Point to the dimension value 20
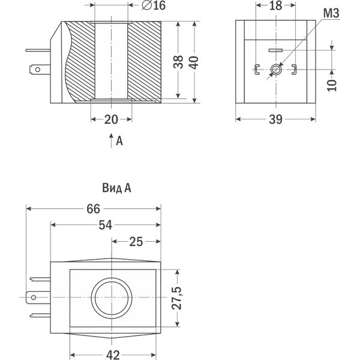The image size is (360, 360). (x=111, y=119)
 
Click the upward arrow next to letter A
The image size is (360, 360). (x=110, y=141)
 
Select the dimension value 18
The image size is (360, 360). (x=275, y=7)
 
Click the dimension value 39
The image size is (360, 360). (x=275, y=119)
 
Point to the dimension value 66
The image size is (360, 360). (x=93, y=209)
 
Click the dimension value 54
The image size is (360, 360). (x=105, y=225)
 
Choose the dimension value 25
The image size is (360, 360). (x=136, y=241)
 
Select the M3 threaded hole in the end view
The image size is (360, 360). (x=275, y=71)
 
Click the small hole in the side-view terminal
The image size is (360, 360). (x=37, y=70)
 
